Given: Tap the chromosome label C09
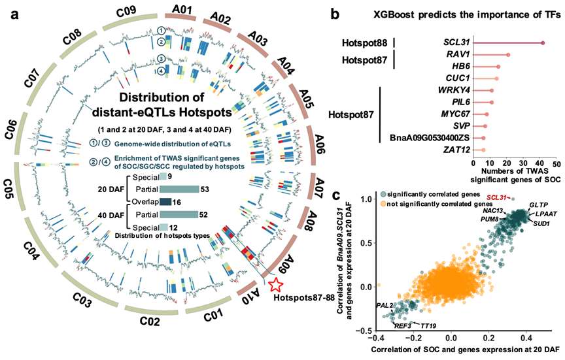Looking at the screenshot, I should coord(126,10).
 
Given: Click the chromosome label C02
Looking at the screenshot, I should coord(147,322).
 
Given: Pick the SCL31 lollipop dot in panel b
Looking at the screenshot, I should coord(543,43).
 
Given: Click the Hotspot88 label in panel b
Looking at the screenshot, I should coord(364,43).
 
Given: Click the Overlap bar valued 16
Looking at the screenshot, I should coord(165,201).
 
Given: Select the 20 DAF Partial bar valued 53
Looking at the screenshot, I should coord(179,189).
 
